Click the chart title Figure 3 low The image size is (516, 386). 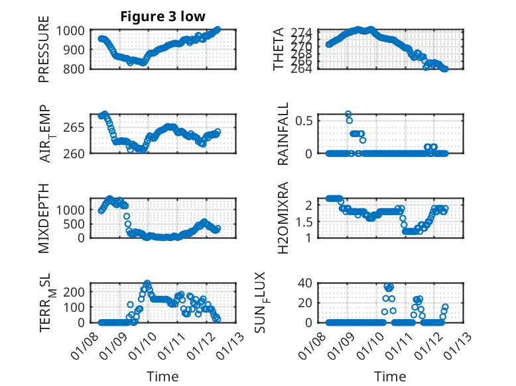pyautogui.click(x=162, y=17)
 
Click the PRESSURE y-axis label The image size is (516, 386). pyautogui.click(x=44, y=53)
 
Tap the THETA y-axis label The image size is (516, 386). pyautogui.click(x=279, y=50)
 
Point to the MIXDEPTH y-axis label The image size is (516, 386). pyautogui.click(x=44, y=217)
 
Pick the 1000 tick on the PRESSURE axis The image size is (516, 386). pyautogui.click(x=71, y=30)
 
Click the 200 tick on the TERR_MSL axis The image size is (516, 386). pyautogui.click(x=74, y=291)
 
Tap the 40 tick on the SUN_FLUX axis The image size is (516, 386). pyautogui.click(x=313, y=283)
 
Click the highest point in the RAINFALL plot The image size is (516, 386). pyautogui.click(x=348, y=114)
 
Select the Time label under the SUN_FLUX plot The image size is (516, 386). pyautogui.click(x=390, y=376)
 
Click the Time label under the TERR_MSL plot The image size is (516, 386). pyautogui.click(x=162, y=376)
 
